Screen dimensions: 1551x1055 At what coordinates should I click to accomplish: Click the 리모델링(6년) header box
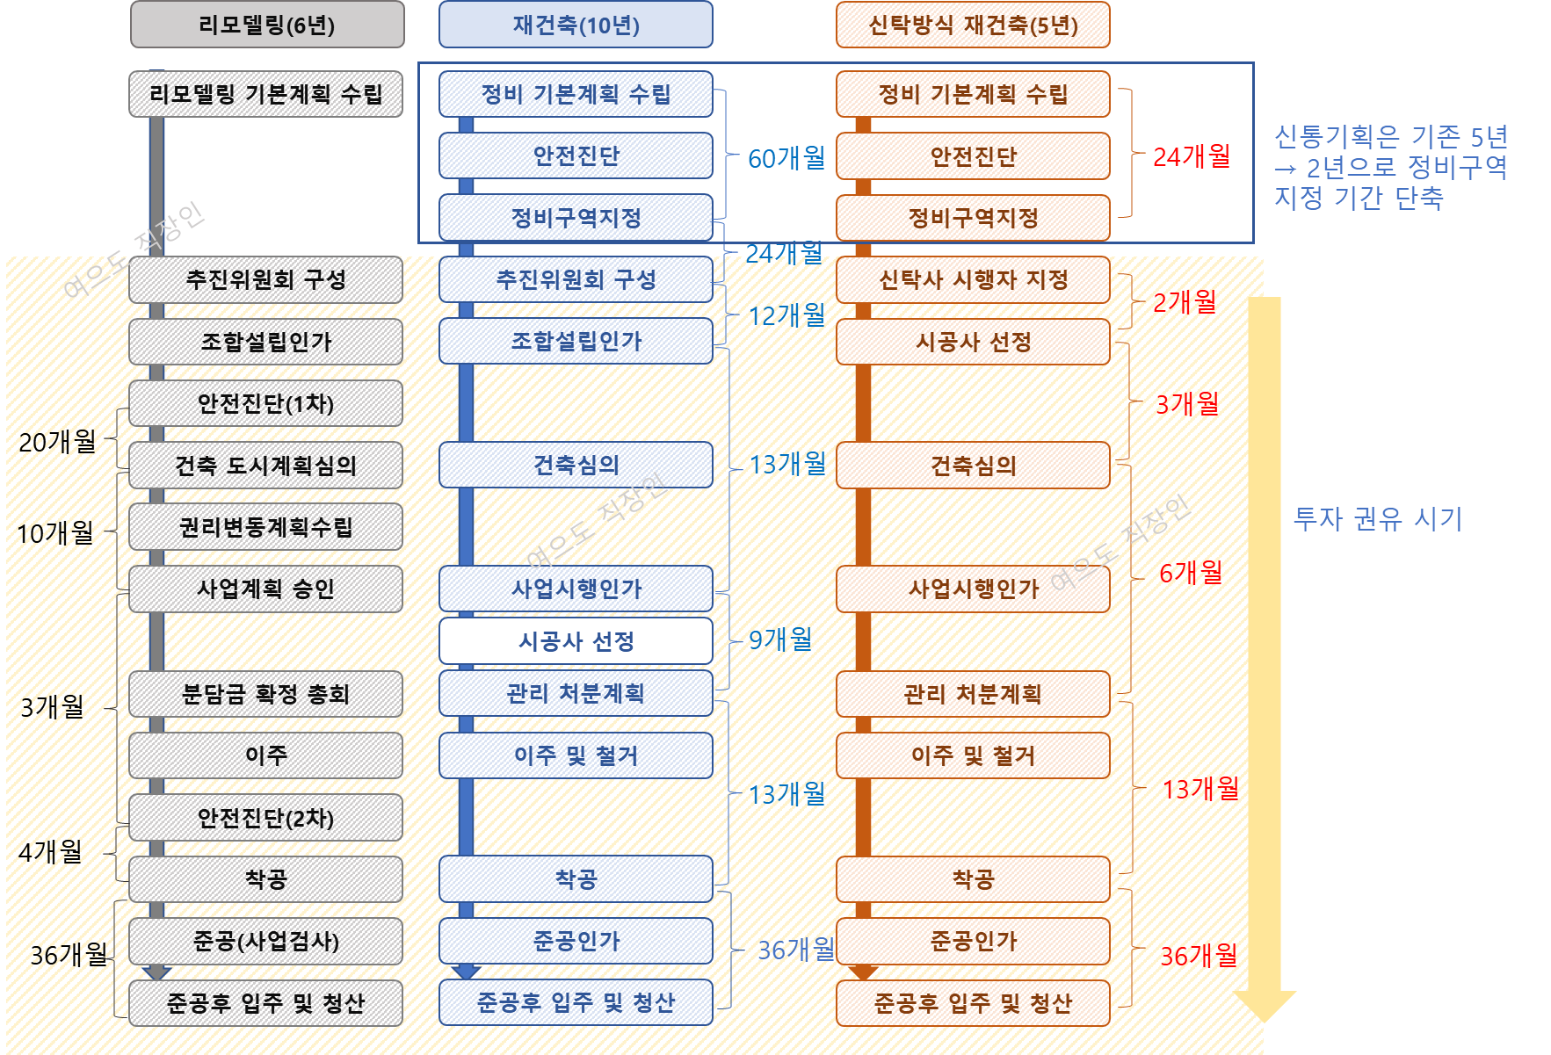pyautogui.click(x=267, y=25)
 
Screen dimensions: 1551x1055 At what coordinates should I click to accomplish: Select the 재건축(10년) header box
pyautogui.click(x=576, y=25)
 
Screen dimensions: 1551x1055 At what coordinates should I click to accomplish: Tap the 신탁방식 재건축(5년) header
pyautogui.click(x=973, y=25)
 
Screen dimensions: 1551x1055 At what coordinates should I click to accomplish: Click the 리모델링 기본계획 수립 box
pyautogui.click(x=265, y=94)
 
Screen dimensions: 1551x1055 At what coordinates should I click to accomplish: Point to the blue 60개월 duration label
pyautogui.click(x=786, y=158)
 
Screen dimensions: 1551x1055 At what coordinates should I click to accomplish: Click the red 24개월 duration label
pyautogui.click(x=1191, y=156)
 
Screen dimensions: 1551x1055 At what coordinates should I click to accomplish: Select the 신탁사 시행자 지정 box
pyautogui.click(x=973, y=280)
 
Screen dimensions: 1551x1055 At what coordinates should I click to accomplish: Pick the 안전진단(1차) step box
pyautogui.click(x=265, y=403)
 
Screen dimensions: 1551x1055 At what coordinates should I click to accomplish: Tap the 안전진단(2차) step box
pyautogui.click(x=265, y=818)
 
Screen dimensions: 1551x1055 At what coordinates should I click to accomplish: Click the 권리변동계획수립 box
pyautogui.click(x=265, y=527)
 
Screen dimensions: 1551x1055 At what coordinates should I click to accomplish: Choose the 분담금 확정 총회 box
pyautogui.click(x=265, y=694)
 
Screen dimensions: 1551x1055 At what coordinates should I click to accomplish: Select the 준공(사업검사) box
pyautogui.click(x=265, y=941)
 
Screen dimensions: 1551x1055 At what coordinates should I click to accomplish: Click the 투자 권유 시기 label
pyautogui.click(x=1377, y=519)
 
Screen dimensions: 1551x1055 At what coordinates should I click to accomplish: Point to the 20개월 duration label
pyautogui.click(x=57, y=441)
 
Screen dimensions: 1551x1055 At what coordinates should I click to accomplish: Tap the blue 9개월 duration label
pyautogui.click(x=779, y=640)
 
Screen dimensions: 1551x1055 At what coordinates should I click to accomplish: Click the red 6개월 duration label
pyautogui.click(x=1191, y=573)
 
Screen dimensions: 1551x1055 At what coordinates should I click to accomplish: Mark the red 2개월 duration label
pyautogui.click(x=1185, y=302)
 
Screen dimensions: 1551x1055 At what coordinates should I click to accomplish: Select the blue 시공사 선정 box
pyautogui.click(x=576, y=641)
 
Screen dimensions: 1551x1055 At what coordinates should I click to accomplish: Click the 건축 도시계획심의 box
pyautogui.click(x=265, y=466)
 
